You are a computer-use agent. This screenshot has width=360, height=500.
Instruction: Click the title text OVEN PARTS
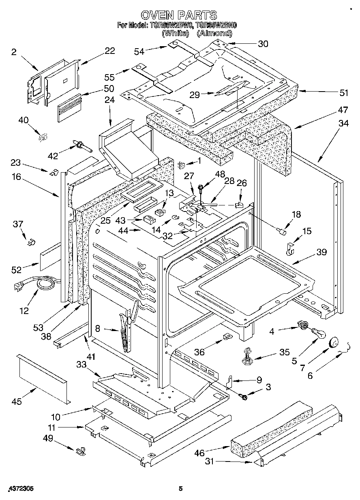(x=178, y=15)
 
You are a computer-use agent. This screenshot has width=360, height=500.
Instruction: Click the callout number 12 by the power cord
(x=24, y=311)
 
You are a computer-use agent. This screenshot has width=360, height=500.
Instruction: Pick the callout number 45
(x=16, y=402)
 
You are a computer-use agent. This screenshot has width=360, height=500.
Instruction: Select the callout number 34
(x=343, y=123)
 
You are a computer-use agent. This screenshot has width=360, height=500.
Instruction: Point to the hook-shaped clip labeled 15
(x=289, y=250)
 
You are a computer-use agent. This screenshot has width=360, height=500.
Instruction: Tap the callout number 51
(x=343, y=93)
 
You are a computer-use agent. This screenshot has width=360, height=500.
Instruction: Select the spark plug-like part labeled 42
(x=81, y=145)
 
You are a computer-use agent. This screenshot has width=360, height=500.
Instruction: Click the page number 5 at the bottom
(x=181, y=489)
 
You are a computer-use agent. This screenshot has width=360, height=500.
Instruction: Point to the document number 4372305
(x=20, y=489)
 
